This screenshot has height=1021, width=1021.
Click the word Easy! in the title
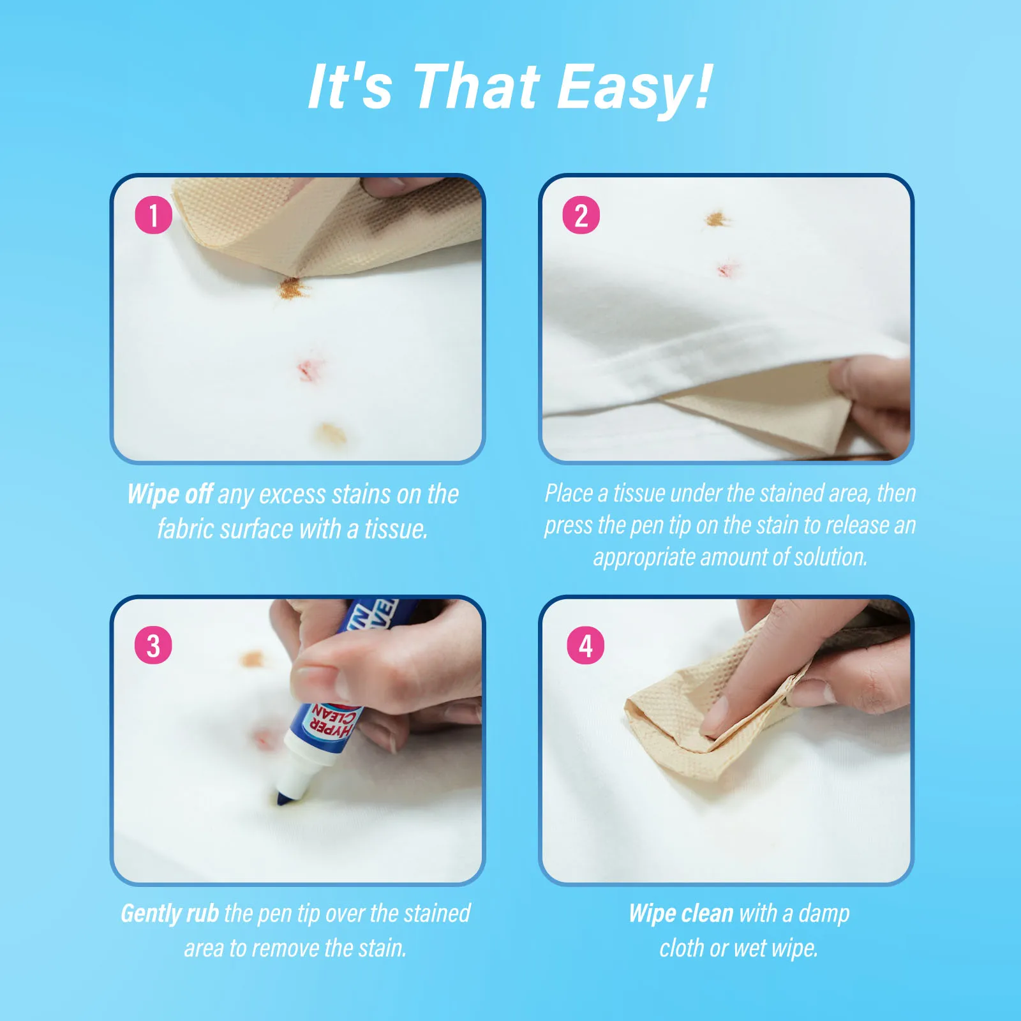(x=634, y=88)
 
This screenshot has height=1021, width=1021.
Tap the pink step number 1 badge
(x=153, y=215)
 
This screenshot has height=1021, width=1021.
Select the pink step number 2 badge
(x=581, y=215)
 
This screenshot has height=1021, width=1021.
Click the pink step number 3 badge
(x=153, y=645)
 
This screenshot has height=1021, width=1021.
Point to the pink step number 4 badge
(x=586, y=645)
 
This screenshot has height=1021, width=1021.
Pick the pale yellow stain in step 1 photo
(x=331, y=434)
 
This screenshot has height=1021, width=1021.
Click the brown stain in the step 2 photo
(x=717, y=220)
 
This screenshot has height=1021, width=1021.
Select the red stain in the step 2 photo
(x=727, y=269)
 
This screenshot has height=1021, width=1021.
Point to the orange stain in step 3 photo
(x=252, y=658)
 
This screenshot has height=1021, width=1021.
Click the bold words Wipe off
(x=170, y=495)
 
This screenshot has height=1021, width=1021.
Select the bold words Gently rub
(x=170, y=914)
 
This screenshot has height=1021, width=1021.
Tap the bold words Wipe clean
(x=681, y=914)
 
